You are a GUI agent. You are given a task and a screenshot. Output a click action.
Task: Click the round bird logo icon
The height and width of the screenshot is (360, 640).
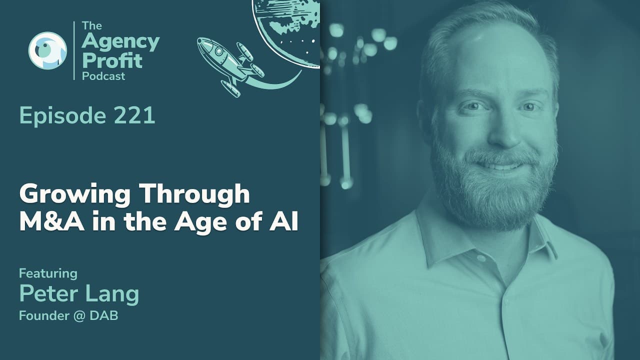[47, 50]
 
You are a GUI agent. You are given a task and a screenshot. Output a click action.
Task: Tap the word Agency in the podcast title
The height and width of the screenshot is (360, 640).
[120, 43]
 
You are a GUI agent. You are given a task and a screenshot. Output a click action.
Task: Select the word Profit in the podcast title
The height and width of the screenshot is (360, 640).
[112, 60]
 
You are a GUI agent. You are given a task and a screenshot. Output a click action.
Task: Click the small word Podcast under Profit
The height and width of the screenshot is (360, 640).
[103, 76]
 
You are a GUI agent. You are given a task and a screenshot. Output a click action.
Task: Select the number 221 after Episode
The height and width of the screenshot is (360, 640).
[133, 116]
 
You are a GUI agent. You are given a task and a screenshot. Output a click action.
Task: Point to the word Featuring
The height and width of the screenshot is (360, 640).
[48, 273]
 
